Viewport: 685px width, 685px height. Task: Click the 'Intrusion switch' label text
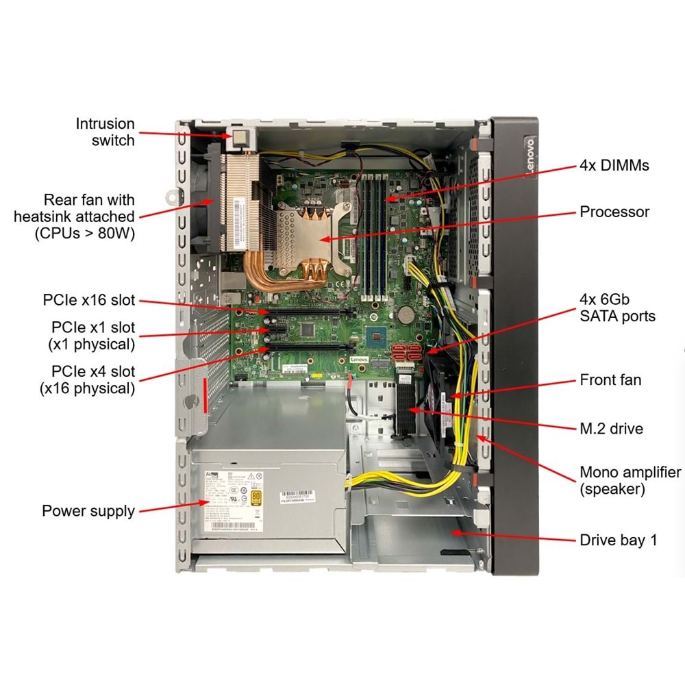[x=105, y=132]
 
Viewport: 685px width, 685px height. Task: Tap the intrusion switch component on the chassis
[x=240, y=138]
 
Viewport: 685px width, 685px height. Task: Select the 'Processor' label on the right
[x=614, y=212]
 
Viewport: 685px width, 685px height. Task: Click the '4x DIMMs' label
[x=614, y=165]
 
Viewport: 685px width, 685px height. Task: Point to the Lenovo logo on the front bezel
[x=530, y=157]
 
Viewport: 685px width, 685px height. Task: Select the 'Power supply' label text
[x=88, y=511]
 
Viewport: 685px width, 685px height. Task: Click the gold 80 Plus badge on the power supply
[x=257, y=496]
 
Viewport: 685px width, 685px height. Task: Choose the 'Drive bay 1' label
[x=618, y=540]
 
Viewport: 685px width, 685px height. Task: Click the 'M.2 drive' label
[x=611, y=429]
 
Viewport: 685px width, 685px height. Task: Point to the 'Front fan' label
[x=610, y=379]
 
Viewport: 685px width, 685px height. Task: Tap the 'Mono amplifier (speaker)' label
[x=630, y=481]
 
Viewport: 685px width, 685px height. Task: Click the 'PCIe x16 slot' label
[x=89, y=300]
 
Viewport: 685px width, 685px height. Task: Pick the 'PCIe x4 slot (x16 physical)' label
[x=92, y=380]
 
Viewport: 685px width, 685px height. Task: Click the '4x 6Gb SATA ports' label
[x=616, y=308]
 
